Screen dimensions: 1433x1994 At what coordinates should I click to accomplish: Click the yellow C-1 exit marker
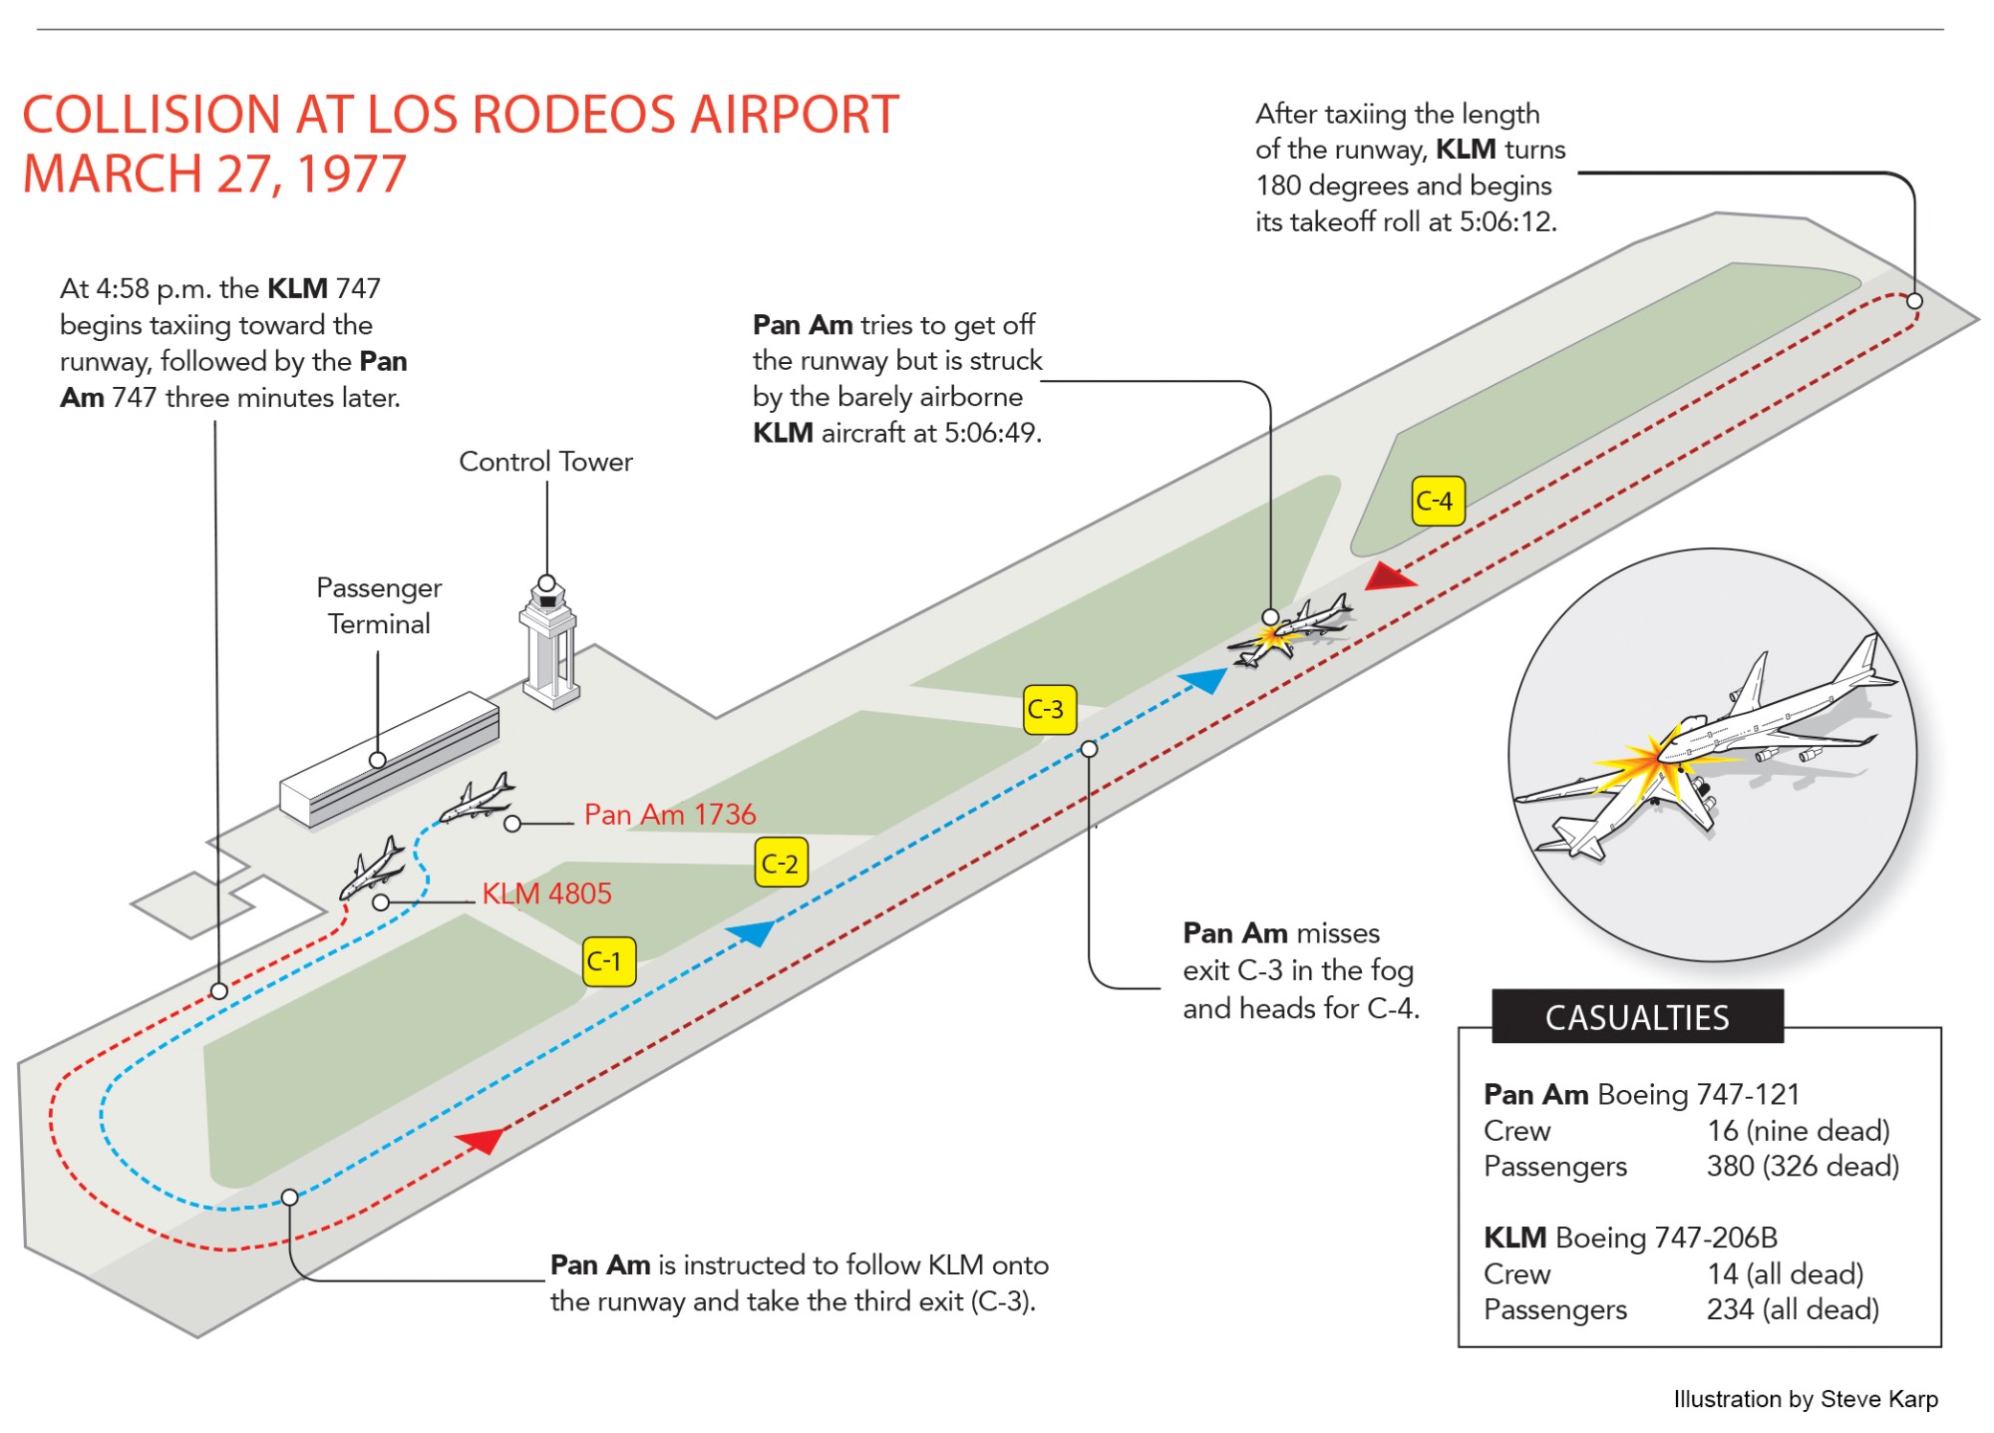tap(609, 961)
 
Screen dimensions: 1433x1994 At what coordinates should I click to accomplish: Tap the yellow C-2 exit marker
tap(781, 863)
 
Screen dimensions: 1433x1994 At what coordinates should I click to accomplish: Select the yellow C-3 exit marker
tap(1050, 709)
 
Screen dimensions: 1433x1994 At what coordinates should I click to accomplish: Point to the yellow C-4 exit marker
tap(1438, 501)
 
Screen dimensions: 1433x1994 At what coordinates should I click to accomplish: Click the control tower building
tap(548, 643)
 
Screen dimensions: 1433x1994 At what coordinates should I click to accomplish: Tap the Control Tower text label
tap(545, 462)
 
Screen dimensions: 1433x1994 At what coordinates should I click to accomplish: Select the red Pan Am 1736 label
tap(670, 815)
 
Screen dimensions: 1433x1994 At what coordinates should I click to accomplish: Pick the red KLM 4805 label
tap(546, 894)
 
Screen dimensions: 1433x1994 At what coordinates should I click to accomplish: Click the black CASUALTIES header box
tap(1637, 1017)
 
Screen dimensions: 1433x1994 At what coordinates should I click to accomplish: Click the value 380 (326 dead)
tap(1803, 1166)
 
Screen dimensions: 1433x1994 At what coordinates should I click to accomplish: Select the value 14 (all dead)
tap(1785, 1273)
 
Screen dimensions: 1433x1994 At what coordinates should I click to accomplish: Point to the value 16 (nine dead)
tap(1799, 1130)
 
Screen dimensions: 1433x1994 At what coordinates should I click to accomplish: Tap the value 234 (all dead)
tap(1793, 1309)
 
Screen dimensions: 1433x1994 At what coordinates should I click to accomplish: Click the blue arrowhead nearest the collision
tap(1204, 680)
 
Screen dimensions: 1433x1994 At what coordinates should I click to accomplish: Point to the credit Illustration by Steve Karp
tap(1806, 1399)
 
